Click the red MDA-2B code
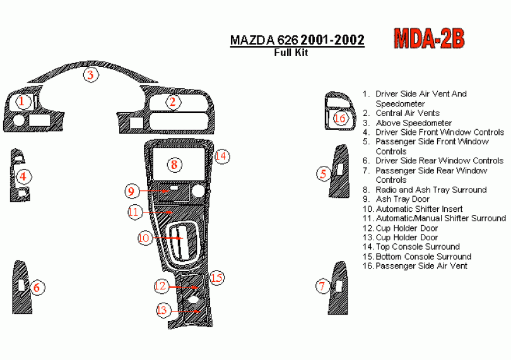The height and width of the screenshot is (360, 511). coord(429,38)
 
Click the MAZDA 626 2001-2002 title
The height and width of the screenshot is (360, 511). coord(297,40)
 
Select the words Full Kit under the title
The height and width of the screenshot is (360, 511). coord(291,53)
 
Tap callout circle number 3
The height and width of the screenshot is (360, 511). coord(91,76)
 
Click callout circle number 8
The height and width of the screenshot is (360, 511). coord(175,165)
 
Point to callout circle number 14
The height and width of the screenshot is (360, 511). coord(220,156)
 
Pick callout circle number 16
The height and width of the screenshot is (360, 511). coord(340,119)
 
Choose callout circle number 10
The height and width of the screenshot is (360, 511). coord(144,238)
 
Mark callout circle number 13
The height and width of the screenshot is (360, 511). coord(163,310)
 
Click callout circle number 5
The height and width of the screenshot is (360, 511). coord(324,173)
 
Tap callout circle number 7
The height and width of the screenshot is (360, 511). coord(322,287)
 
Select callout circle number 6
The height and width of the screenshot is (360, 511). coord(37,288)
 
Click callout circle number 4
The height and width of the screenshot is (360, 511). coord(23,177)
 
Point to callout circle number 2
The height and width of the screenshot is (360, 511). coord(172,102)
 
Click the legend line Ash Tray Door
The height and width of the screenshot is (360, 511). coord(402,199)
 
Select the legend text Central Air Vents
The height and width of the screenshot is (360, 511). coord(408,113)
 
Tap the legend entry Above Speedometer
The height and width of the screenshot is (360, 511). coord(413,123)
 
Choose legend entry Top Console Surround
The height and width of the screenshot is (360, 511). coord(417,247)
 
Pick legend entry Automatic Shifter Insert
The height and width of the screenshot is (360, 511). coord(419,209)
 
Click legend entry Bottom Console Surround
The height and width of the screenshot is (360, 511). coord(423,257)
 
